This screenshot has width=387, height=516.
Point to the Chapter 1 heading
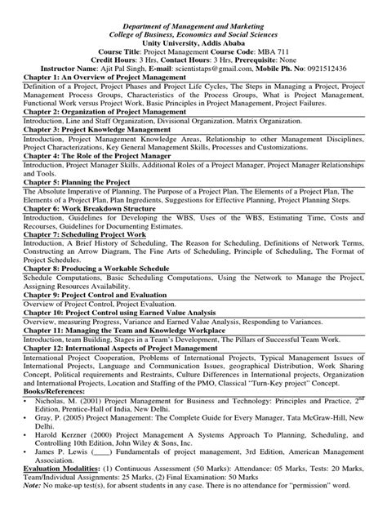94,57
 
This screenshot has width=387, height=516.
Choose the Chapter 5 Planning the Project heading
73,184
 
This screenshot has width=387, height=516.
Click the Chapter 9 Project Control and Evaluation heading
93,329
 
